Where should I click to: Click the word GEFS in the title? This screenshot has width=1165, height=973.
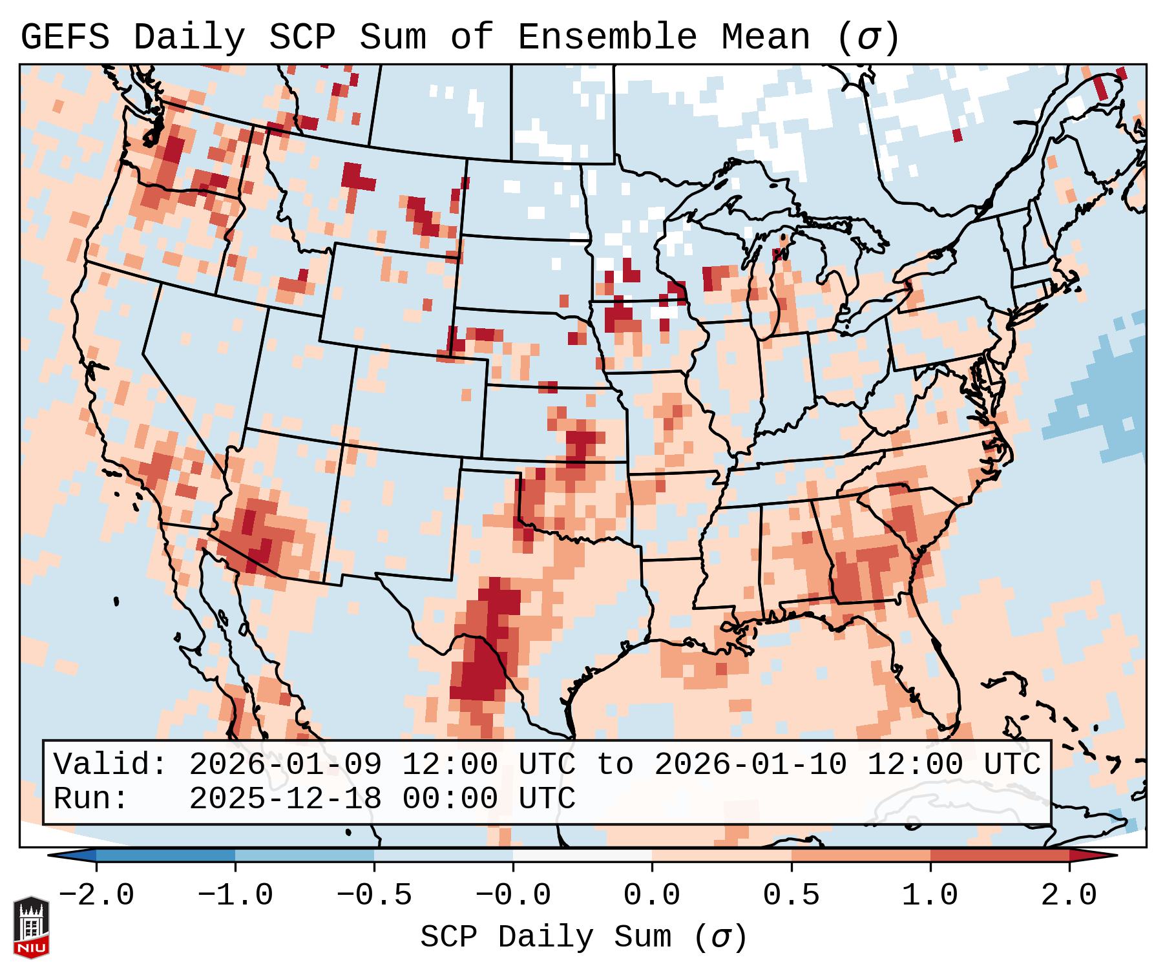coord(65,37)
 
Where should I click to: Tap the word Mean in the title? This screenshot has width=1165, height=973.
coord(766,37)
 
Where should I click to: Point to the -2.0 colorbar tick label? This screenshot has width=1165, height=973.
coord(96,895)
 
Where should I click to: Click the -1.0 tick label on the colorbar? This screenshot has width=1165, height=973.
coord(235,895)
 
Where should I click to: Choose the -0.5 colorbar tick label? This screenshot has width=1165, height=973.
coord(374,895)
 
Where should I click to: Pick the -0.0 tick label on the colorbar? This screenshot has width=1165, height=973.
coord(513,895)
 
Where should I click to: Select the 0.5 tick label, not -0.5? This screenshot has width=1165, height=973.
coord(791,895)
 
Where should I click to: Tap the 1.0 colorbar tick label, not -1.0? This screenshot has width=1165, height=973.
coord(930,895)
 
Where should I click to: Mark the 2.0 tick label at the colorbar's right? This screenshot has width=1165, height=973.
coord(1069,895)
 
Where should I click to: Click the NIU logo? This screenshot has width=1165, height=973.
coord(31,927)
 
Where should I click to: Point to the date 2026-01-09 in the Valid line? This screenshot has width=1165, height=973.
coord(285,765)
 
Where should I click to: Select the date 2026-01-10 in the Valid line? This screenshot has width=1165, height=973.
coord(750,765)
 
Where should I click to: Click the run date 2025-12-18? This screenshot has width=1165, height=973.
coord(285,799)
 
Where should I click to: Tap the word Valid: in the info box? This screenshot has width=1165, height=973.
coord(110,765)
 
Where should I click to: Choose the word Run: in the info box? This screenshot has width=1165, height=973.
coord(91,799)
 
